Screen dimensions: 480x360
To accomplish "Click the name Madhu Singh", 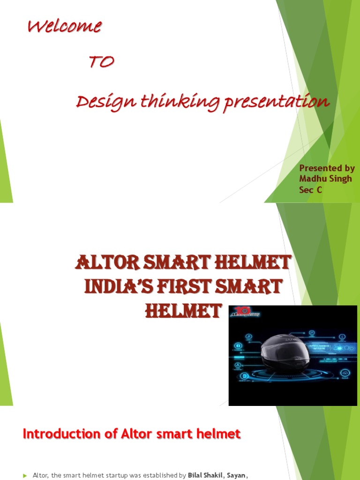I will click(x=325, y=179).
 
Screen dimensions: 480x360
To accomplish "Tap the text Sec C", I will click(x=310, y=190).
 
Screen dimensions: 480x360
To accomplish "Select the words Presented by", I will click(x=327, y=168).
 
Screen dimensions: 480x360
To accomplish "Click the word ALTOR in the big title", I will click(x=105, y=263).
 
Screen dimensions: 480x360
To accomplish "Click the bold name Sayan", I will click(x=236, y=475).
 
